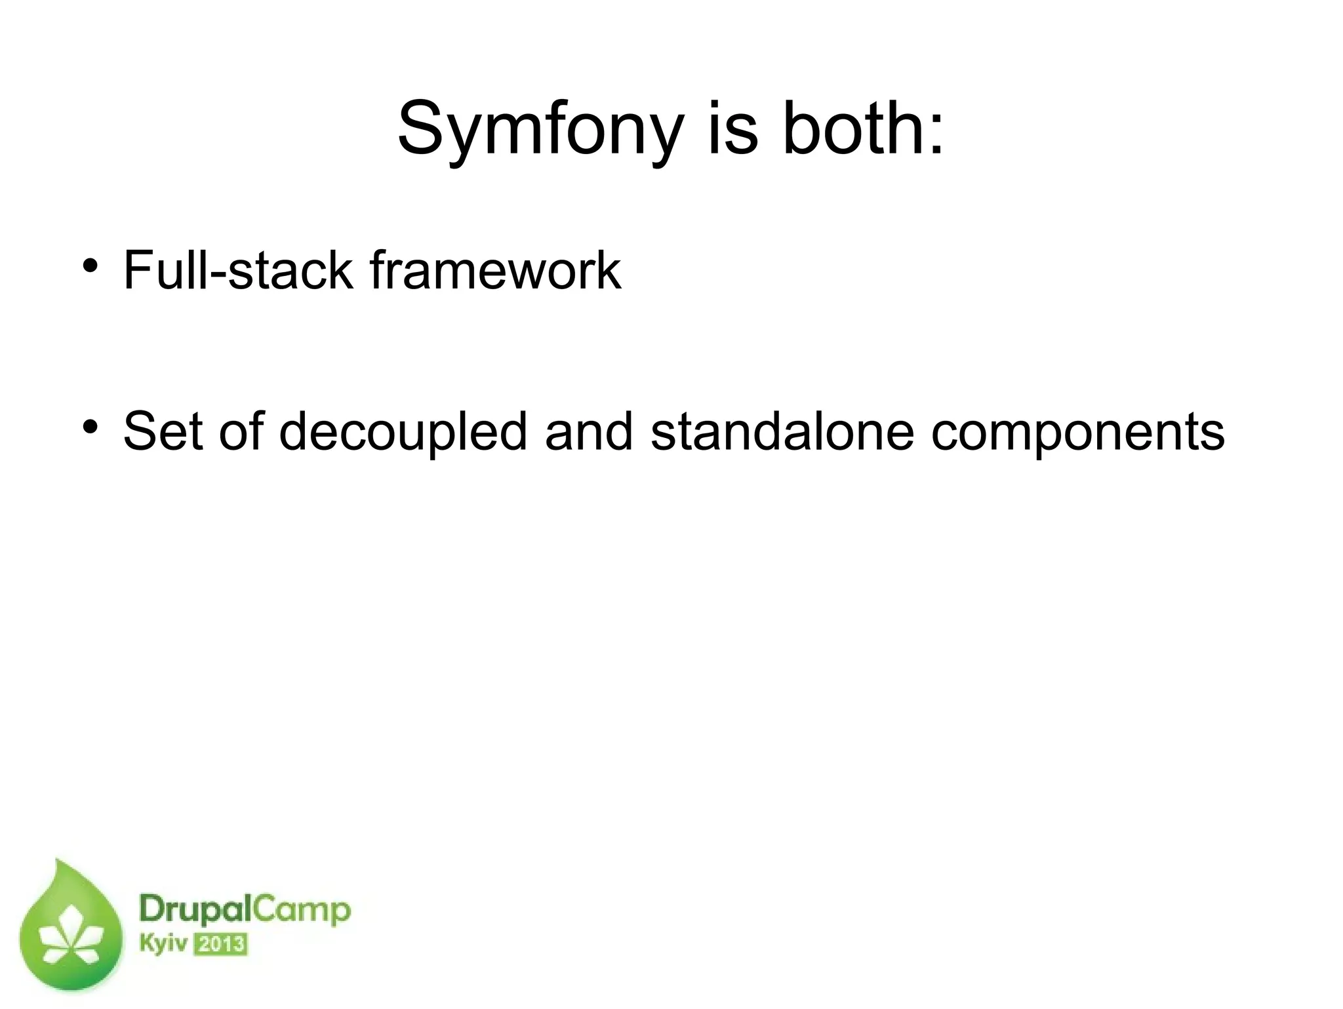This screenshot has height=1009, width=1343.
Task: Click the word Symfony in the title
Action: click(540, 129)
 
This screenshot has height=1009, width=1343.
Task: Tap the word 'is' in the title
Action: click(732, 129)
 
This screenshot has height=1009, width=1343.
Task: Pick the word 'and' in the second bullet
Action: click(588, 431)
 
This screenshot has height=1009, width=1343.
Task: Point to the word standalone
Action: click(782, 431)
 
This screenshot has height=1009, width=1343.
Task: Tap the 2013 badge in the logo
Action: click(221, 945)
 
